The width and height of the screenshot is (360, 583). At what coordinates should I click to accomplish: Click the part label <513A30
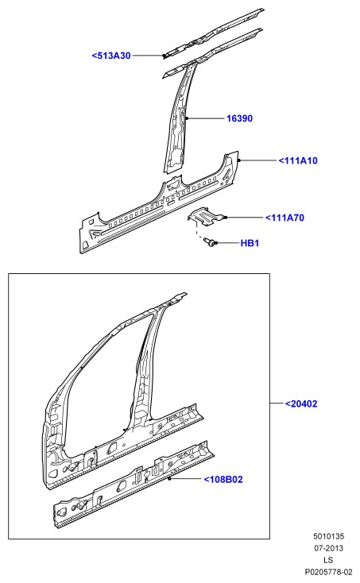111,56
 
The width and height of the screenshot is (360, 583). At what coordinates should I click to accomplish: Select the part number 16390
239,118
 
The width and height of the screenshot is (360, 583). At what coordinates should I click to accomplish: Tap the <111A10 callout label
298,160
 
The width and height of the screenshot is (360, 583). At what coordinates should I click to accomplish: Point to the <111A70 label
285,218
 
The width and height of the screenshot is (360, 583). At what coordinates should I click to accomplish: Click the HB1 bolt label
250,243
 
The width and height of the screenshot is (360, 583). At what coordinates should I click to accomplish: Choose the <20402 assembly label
301,403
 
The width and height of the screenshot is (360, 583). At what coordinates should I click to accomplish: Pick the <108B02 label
223,480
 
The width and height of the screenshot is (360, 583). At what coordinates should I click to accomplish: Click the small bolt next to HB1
210,242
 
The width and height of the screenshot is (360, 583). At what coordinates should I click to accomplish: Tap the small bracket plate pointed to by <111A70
206,216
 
